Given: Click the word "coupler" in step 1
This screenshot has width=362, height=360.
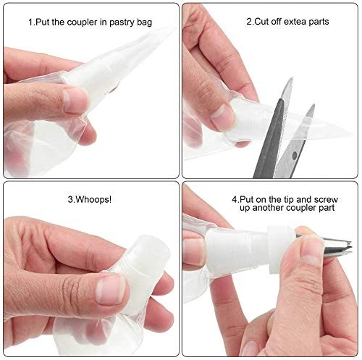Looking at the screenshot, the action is click(82, 22).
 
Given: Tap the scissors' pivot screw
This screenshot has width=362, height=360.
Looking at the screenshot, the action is click(294, 156).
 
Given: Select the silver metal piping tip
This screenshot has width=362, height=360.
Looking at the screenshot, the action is click(338, 246).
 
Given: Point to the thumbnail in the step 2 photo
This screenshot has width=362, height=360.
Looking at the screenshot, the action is click(222, 115).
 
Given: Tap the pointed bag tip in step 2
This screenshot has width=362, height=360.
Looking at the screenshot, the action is click(348, 133).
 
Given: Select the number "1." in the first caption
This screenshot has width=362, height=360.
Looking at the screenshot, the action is click(32, 22).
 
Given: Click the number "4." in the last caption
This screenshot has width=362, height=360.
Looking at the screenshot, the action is click(235, 200).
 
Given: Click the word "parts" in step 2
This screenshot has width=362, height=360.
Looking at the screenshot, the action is click(319, 22).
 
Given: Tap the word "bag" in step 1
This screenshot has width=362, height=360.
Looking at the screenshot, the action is click(145, 23).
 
